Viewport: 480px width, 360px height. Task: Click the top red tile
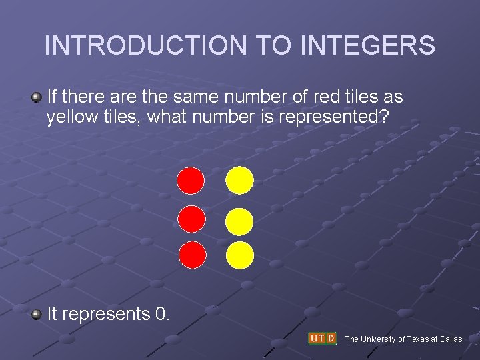tap(191, 180)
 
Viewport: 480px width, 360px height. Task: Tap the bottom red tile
tap(193, 255)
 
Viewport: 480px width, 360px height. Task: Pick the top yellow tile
tap(239, 180)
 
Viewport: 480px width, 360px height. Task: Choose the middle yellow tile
tap(239, 222)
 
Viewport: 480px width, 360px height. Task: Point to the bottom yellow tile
tap(239, 255)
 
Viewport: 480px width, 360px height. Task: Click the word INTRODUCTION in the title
tap(145, 45)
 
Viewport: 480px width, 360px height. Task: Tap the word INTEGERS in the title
tap(368, 45)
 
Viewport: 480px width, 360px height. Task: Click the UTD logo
tap(322, 338)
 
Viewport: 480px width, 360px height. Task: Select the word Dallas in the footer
tap(449, 339)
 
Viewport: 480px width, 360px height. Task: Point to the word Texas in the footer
tap(415, 339)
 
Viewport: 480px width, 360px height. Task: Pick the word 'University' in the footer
tap(378, 339)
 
